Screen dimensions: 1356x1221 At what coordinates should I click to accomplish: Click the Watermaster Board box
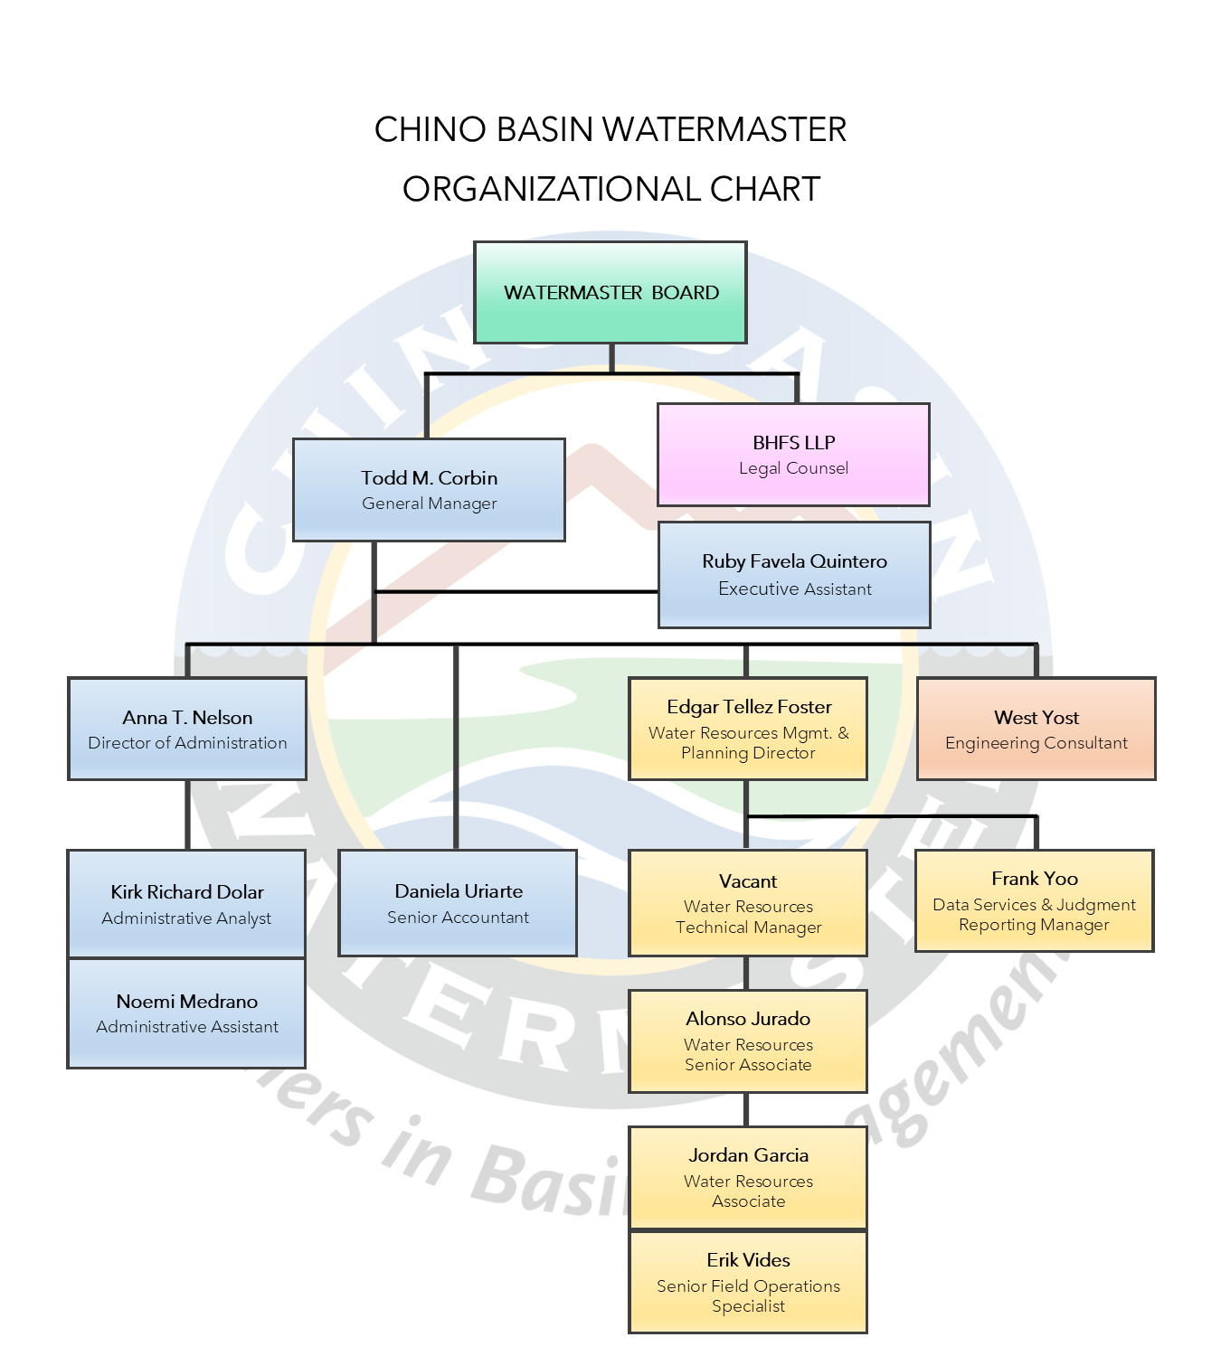coord(610,292)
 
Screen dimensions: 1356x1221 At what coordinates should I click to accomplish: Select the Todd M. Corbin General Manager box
coord(429,490)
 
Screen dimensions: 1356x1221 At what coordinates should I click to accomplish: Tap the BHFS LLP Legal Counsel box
coord(793,454)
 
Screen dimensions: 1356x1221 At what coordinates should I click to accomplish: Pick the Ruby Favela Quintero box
coord(794,574)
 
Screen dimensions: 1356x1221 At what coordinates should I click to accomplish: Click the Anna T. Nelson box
coord(187,729)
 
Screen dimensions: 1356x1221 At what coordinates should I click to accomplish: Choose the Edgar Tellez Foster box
coord(748,729)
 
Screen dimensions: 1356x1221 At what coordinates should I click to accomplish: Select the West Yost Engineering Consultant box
coord(1036,729)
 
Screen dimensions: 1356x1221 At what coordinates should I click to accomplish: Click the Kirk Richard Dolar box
coord(187,903)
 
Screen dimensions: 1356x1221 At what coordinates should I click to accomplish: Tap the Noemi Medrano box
coord(187,1013)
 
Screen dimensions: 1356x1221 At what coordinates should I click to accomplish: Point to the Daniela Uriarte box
coord(458,902)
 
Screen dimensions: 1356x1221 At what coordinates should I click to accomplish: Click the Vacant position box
coord(748,902)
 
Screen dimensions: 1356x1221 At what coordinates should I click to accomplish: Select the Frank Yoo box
coord(1034,900)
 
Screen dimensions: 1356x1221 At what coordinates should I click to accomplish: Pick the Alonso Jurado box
coord(748,1041)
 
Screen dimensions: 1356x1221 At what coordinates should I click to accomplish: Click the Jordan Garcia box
coord(748,1177)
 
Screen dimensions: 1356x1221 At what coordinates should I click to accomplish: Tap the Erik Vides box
coord(748,1282)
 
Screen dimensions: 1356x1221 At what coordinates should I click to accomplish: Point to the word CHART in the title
coord(765,189)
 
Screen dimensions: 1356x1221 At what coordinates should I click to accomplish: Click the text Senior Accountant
coord(458,918)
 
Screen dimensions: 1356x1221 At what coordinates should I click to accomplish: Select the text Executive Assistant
coord(795,589)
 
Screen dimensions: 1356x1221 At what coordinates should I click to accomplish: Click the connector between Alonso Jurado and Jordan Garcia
coord(746,1109)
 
